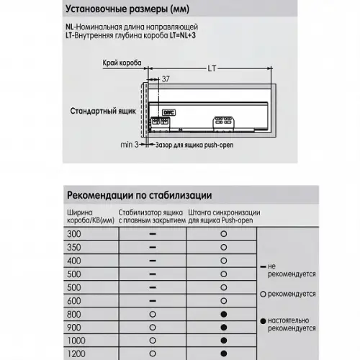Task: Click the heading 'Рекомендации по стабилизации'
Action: point(139,195)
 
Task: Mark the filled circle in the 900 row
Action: point(224,327)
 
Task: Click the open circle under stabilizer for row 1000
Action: point(153,340)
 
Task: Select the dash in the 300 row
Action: point(153,235)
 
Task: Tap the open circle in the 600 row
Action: point(224,301)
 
